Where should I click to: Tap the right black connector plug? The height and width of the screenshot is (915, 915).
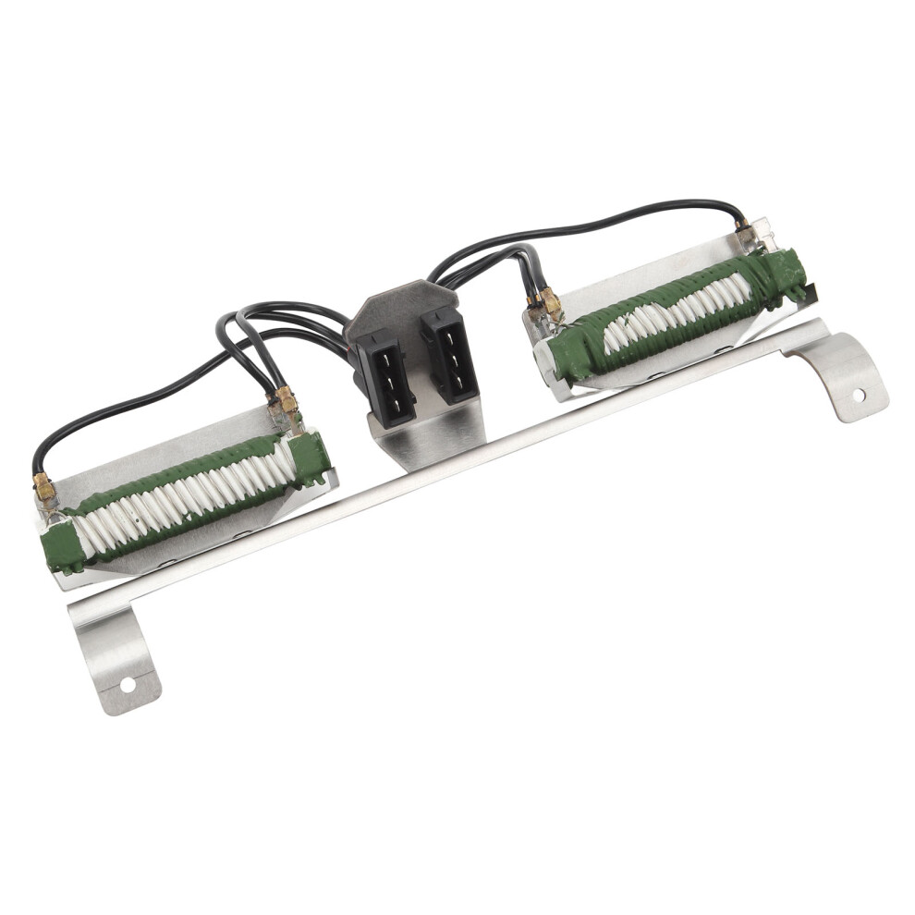(450, 355)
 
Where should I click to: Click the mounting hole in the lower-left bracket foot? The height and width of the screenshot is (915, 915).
(127, 685)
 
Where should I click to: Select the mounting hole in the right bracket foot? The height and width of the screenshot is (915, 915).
(859, 395)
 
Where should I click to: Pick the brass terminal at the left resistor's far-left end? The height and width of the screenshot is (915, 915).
(43, 487)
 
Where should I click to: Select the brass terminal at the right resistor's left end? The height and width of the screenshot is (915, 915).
(549, 301)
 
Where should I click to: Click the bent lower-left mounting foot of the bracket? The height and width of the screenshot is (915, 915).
(116, 656)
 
